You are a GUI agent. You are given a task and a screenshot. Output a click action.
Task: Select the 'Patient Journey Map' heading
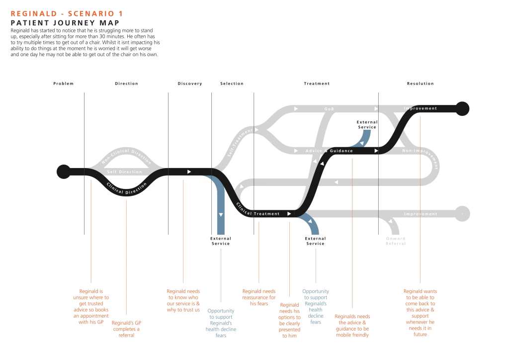[65, 23]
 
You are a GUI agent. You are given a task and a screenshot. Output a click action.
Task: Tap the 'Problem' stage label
[64, 84]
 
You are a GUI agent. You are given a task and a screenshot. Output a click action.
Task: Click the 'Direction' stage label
[127, 84]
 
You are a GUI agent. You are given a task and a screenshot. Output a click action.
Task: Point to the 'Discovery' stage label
[190, 84]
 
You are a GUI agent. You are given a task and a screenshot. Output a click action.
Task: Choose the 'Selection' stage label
[232, 84]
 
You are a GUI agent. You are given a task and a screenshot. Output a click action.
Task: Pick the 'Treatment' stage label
[317, 84]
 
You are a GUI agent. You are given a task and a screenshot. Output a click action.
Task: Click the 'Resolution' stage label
[421, 84]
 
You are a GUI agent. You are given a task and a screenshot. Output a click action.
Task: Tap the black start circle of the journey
[64, 172]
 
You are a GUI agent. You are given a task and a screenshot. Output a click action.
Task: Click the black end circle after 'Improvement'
[462, 108]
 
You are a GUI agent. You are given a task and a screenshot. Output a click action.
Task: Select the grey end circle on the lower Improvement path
[462, 213]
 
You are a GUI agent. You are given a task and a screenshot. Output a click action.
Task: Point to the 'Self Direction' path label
[125, 172]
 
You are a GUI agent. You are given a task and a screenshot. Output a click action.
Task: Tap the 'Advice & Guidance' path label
[329, 151]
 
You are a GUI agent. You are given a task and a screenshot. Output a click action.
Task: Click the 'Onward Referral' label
[396, 241]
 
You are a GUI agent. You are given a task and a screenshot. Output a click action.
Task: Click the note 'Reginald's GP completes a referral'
[127, 329]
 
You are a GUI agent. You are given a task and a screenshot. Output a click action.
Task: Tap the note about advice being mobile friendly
[352, 326]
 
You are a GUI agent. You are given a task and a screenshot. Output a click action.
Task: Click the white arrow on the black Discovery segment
[189, 172]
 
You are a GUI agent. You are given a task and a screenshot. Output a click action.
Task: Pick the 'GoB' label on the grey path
[329, 108]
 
